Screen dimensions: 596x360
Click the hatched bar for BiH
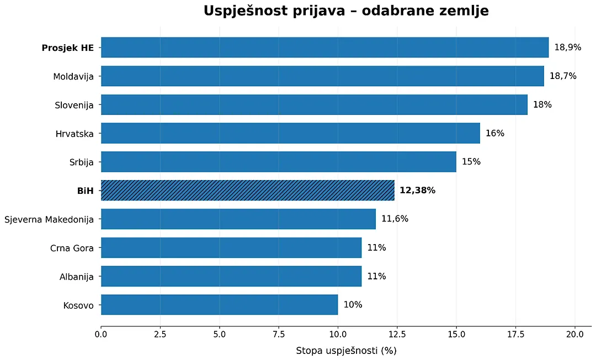point(247,190)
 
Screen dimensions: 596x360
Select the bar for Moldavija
point(322,76)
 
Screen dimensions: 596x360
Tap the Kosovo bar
point(219,304)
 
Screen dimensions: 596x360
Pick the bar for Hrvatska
point(290,133)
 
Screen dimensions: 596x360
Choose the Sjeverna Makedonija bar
point(238,219)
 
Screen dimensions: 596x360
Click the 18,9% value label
point(568,47)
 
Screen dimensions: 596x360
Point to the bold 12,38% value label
point(417,190)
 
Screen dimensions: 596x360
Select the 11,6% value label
point(395,219)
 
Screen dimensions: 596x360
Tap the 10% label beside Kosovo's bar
point(353,304)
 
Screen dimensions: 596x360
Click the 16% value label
point(495,133)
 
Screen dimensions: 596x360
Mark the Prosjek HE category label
point(68,48)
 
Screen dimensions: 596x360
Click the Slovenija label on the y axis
point(74,105)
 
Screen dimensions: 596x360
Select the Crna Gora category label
point(72,248)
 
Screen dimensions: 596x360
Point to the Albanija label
point(76,277)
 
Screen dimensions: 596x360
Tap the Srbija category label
point(81,162)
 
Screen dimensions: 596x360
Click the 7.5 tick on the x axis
point(279,334)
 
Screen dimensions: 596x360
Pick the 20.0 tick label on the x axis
point(574,334)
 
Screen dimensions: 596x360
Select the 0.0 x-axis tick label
point(101,334)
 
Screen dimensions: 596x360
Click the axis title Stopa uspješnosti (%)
point(346,351)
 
